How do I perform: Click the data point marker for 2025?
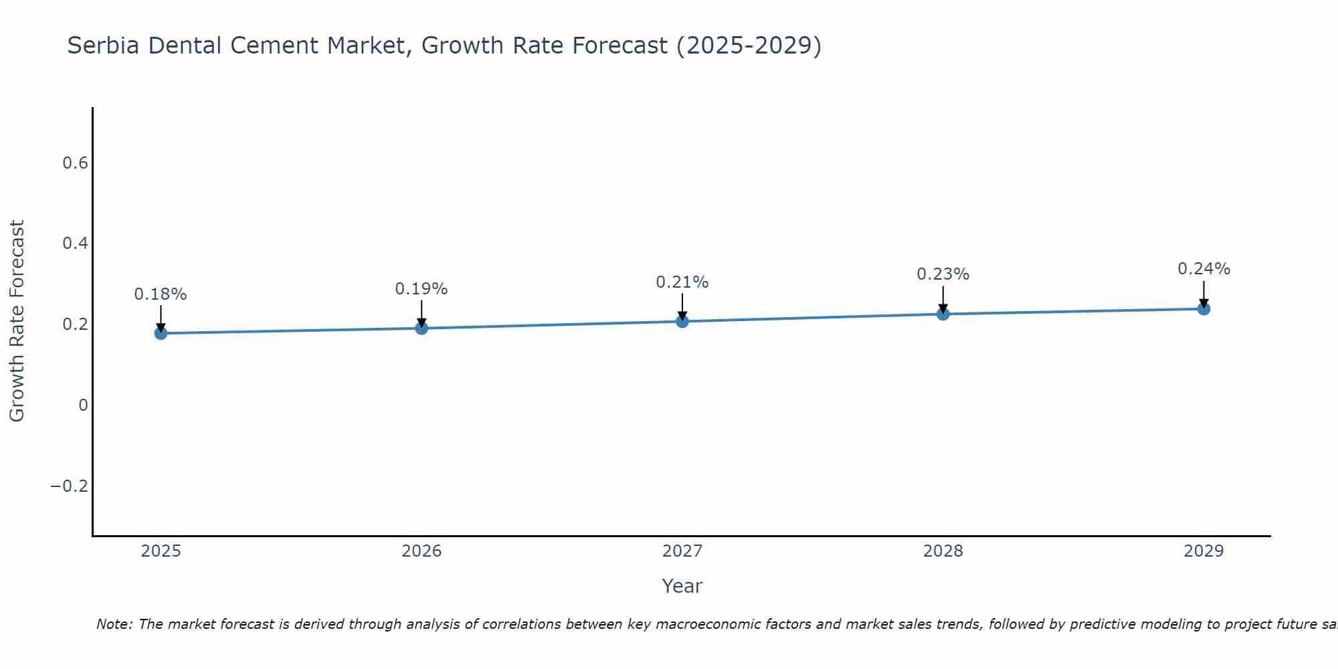click(161, 333)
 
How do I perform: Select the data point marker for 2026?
click(421, 328)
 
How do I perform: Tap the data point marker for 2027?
click(682, 321)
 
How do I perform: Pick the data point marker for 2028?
click(943, 314)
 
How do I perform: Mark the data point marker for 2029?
click(1204, 308)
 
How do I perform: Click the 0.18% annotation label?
click(161, 294)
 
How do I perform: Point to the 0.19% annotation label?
click(421, 289)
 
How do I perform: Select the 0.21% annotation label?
click(682, 282)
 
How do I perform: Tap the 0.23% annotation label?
click(943, 274)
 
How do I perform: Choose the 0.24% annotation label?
click(1204, 269)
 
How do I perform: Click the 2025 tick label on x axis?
click(161, 551)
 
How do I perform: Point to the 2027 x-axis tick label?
click(682, 551)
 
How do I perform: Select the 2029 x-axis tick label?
click(1204, 551)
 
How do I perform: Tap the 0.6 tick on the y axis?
click(75, 163)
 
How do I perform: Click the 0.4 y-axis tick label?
click(75, 244)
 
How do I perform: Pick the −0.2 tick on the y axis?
click(70, 486)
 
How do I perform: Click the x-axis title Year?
click(682, 586)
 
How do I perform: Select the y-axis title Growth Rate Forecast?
click(17, 321)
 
